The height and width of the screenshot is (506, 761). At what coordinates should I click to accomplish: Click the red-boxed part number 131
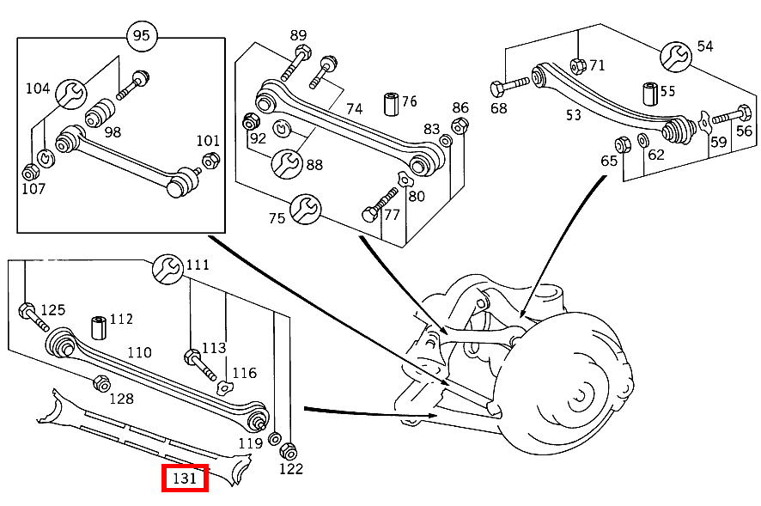186,478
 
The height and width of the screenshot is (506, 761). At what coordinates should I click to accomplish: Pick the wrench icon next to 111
167,270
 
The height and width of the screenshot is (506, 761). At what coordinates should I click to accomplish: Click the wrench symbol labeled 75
305,209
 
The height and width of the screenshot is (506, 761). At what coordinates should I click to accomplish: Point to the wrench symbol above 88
286,162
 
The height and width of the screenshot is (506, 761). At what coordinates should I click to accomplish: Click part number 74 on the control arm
355,108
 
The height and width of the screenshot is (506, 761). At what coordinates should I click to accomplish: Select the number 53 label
573,113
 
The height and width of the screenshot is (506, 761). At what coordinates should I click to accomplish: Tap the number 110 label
139,352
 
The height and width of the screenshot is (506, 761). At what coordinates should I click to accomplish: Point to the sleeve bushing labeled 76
391,102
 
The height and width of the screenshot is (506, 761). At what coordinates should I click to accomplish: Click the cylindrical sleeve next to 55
649,92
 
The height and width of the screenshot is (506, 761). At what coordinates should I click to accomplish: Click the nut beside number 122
289,451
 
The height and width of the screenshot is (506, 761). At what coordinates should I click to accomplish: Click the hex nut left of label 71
578,65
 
